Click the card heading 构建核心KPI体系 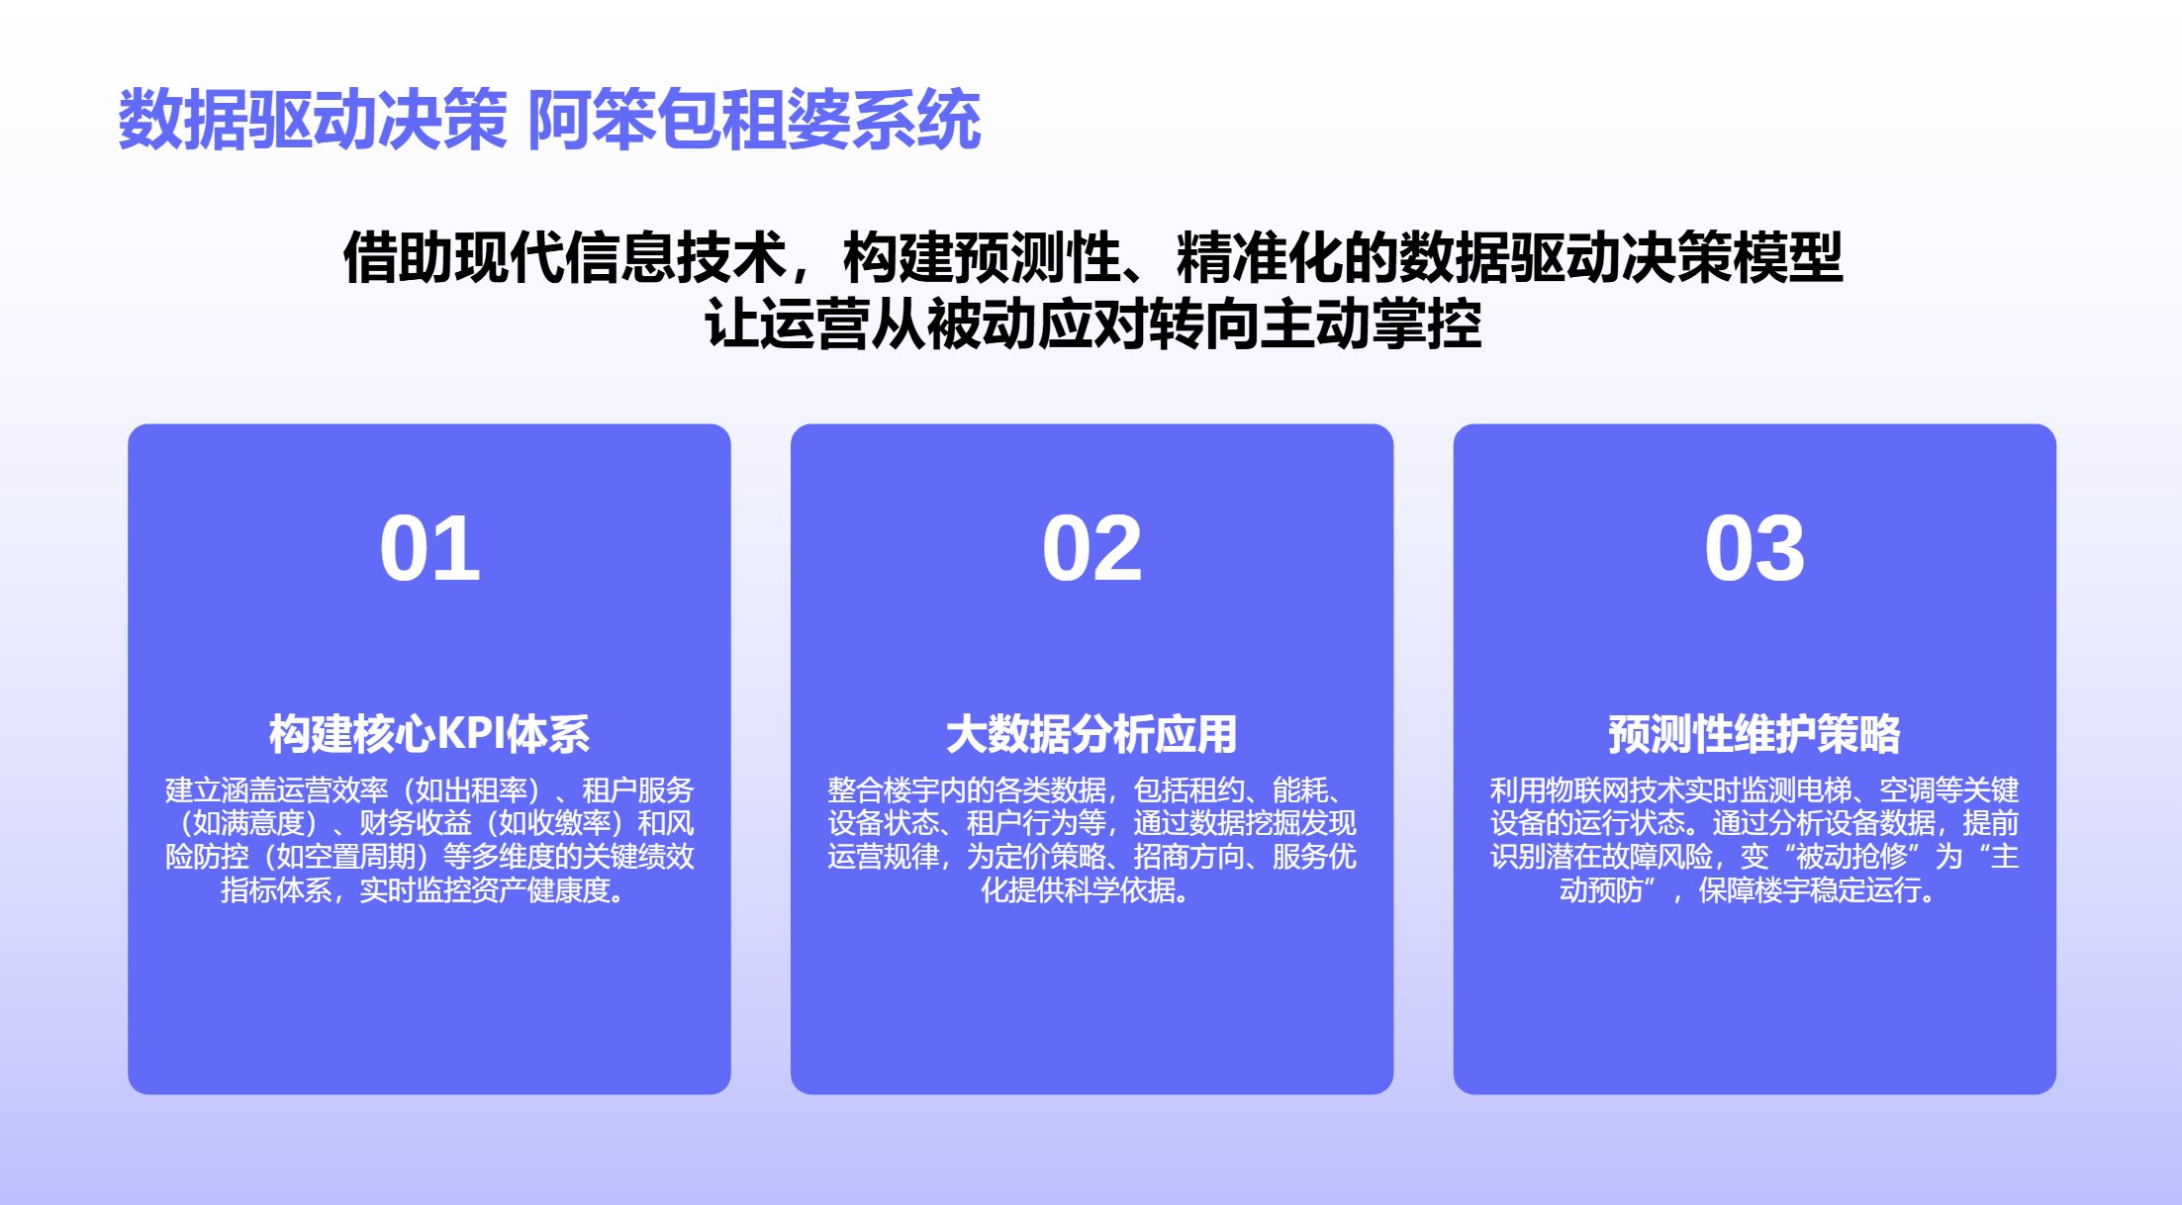point(429,734)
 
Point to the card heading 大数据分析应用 point(1091,734)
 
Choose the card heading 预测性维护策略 point(1755,734)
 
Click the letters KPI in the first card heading point(470,734)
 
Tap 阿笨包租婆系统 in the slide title point(754,120)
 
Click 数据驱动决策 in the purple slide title point(313,120)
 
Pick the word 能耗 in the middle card point(1300,790)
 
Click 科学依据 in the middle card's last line point(1120,890)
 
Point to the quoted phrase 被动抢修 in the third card point(1851,857)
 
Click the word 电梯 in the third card point(1823,790)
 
